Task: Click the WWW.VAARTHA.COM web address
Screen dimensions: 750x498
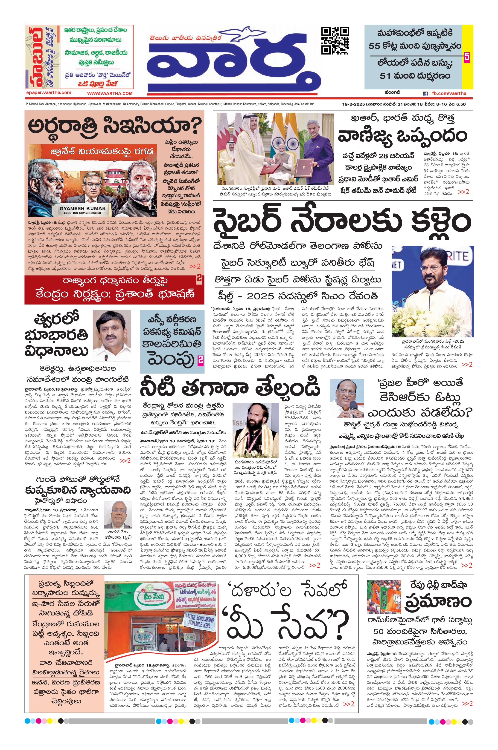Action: pos(110,93)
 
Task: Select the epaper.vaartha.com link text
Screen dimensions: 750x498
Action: pos(49,93)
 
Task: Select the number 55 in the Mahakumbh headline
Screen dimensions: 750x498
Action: pos(375,46)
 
